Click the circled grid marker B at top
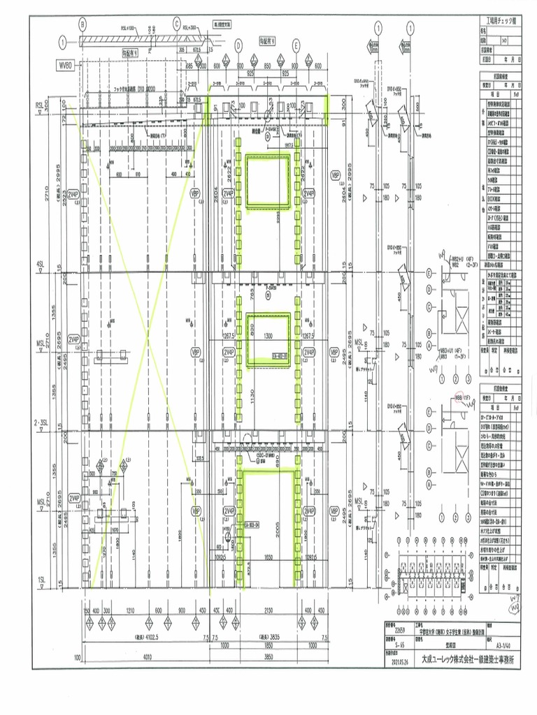click(83, 23)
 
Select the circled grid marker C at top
click(176, 23)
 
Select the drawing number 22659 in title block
click(399, 629)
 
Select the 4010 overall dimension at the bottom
click(146, 657)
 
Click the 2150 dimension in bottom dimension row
click(268, 611)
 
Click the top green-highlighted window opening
click(268, 182)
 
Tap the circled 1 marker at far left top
click(64, 42)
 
